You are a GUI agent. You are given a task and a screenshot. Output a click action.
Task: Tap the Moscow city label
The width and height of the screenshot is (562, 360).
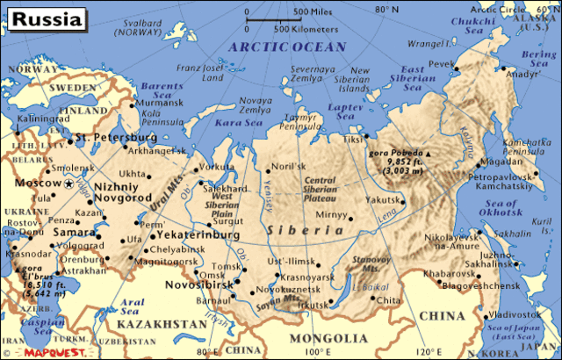36,183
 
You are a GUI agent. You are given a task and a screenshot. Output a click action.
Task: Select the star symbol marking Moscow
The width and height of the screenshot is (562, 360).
69,183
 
